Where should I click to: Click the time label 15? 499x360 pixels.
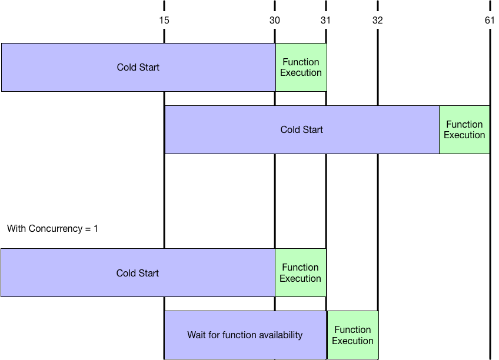164,21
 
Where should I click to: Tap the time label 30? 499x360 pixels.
275,21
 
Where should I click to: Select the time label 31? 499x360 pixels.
325,21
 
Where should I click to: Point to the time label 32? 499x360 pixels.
377,21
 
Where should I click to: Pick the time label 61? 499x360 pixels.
490,21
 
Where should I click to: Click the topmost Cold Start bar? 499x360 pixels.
138,67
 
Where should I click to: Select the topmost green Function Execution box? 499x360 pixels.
301,67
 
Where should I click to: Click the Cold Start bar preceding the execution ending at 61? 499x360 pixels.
302,129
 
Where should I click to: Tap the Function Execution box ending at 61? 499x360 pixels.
464,129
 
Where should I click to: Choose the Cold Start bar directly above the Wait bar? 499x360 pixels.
138,273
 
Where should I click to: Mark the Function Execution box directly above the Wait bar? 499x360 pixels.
300,273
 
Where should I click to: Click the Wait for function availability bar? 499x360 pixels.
245,335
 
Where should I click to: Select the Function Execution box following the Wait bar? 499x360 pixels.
352,335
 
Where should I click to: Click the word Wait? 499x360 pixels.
197,335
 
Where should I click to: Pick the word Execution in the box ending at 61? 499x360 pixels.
464,135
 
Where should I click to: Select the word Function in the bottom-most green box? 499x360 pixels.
352,330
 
